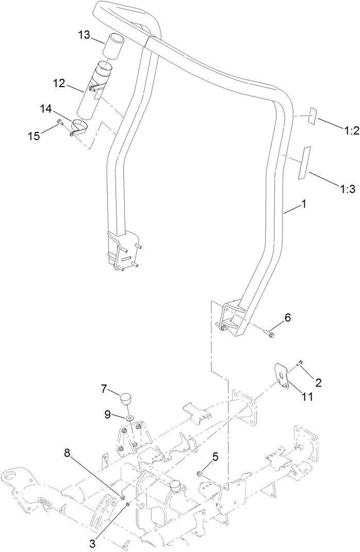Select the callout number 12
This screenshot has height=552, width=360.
[x=59, y=82]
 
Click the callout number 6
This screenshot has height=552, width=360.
[x=288, y=318]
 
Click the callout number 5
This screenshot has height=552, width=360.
[x=215, y=456]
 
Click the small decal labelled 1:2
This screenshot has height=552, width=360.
[x=313, y=116]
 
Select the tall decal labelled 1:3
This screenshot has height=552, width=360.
[x=303, y=163]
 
